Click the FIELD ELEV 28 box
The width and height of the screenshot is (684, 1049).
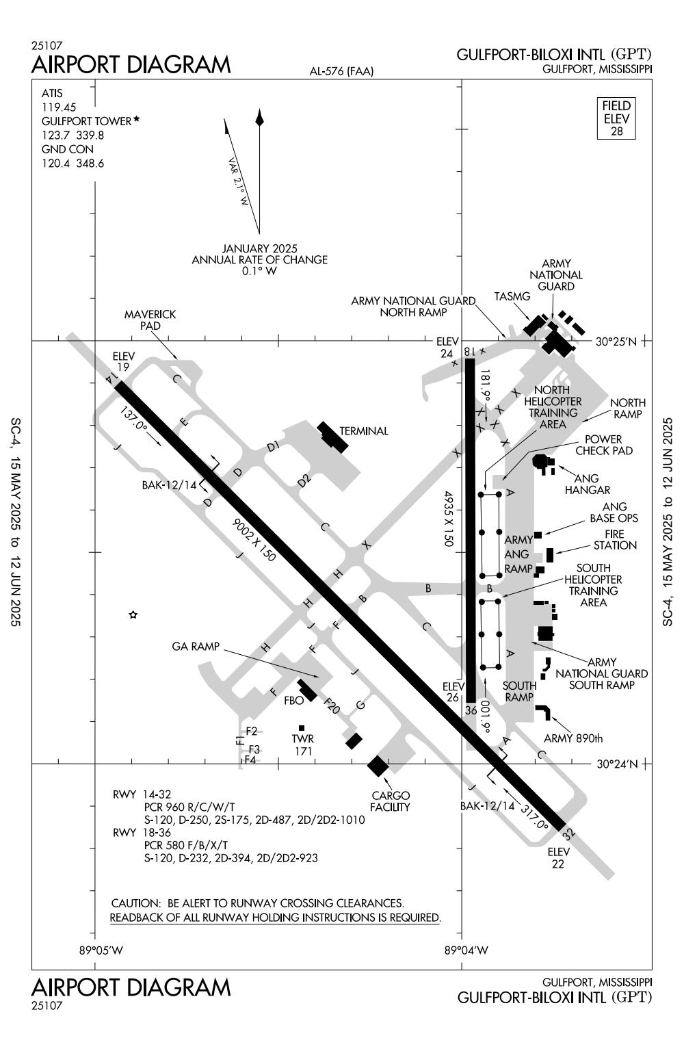616,118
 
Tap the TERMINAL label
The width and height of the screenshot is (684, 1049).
363,431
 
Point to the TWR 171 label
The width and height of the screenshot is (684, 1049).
302,745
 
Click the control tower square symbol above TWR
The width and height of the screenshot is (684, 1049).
301,728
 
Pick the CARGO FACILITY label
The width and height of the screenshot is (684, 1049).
390,801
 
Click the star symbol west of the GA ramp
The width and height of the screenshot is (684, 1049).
133,615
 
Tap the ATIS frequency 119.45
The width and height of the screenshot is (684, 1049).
59,107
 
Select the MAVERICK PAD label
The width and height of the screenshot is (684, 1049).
150,320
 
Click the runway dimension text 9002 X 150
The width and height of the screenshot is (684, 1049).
254,540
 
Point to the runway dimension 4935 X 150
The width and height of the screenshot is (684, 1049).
449,517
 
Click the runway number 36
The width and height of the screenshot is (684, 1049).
471,710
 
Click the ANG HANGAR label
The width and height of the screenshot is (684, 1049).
588,484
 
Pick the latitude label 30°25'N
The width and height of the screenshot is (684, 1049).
616,341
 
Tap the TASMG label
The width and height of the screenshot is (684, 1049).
512,296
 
